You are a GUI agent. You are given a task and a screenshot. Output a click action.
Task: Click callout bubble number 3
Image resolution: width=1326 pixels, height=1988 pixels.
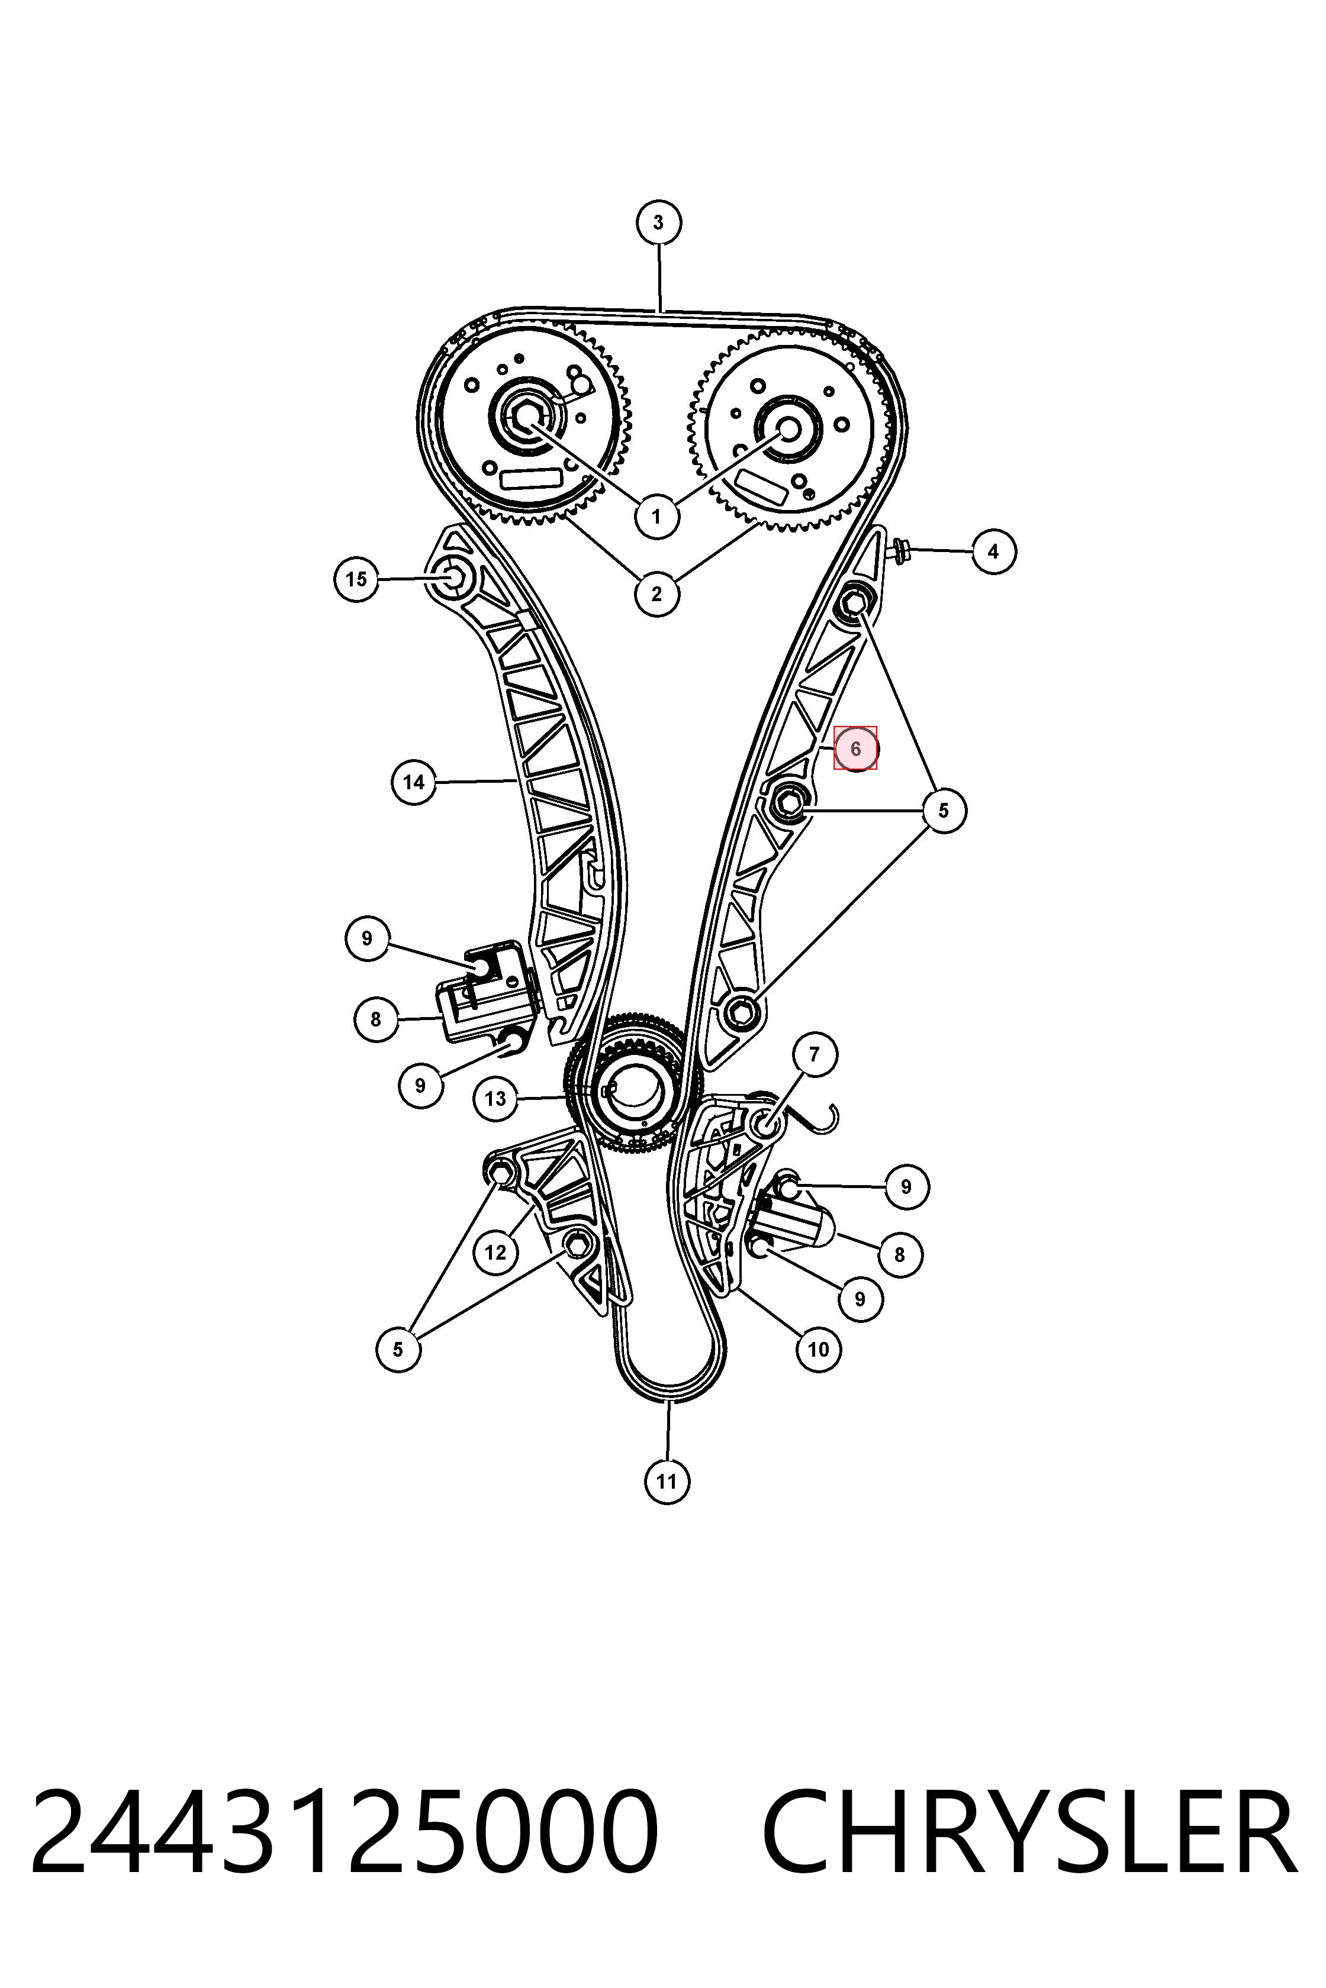pyautogui.click(x=658, y=223)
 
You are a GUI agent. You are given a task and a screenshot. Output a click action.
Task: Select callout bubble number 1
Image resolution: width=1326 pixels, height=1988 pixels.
pyautogui.click(x=657, y=515)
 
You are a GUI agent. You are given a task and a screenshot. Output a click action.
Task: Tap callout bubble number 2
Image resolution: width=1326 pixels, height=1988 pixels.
pyautogui.click(x=657, y=593)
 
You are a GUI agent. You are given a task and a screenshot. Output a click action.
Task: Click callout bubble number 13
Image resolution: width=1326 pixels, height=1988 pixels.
pyautogui.click(x=495, y=1098)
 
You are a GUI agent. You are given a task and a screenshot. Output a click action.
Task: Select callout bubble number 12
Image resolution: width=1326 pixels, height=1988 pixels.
pyautogui.click(x=495, y=1252)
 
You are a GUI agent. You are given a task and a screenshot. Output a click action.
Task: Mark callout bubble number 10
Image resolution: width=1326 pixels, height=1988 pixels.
pyautogui.click(x=819, y=1349)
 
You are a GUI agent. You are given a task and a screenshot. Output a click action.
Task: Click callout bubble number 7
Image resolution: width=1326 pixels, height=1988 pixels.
pyautogui.click(x=815, y=1054)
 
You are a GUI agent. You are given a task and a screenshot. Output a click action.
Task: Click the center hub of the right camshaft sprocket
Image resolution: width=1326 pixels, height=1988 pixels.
pyautogui.click(x=788, y=428)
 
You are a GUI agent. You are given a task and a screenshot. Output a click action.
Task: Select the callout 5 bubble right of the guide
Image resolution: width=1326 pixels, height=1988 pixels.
pyautogui.click(x=944, y=811)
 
